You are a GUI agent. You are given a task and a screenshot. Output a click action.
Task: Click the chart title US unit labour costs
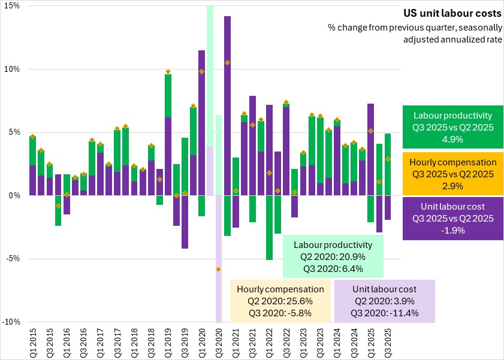(x=451, y=13)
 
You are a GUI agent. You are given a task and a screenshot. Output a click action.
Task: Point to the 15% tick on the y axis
(x=13, y=5)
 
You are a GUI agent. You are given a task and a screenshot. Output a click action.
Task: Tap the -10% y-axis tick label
(x=11, y=322)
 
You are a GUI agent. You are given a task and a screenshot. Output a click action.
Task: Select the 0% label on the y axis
(x=14, y=195)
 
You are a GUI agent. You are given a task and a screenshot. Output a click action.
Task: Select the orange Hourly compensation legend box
(x=452, y=174)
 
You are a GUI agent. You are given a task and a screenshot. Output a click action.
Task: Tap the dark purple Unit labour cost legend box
(x=452, y=219)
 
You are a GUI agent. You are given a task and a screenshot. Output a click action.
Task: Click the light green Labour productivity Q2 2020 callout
(x=333, y=257)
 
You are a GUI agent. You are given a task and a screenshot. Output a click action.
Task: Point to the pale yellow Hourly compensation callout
(x=280, y=301)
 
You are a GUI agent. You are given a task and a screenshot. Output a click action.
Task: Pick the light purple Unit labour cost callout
(x=385, y=301)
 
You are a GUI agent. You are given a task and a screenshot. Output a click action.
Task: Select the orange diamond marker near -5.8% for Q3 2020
(x=219, y=270)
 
